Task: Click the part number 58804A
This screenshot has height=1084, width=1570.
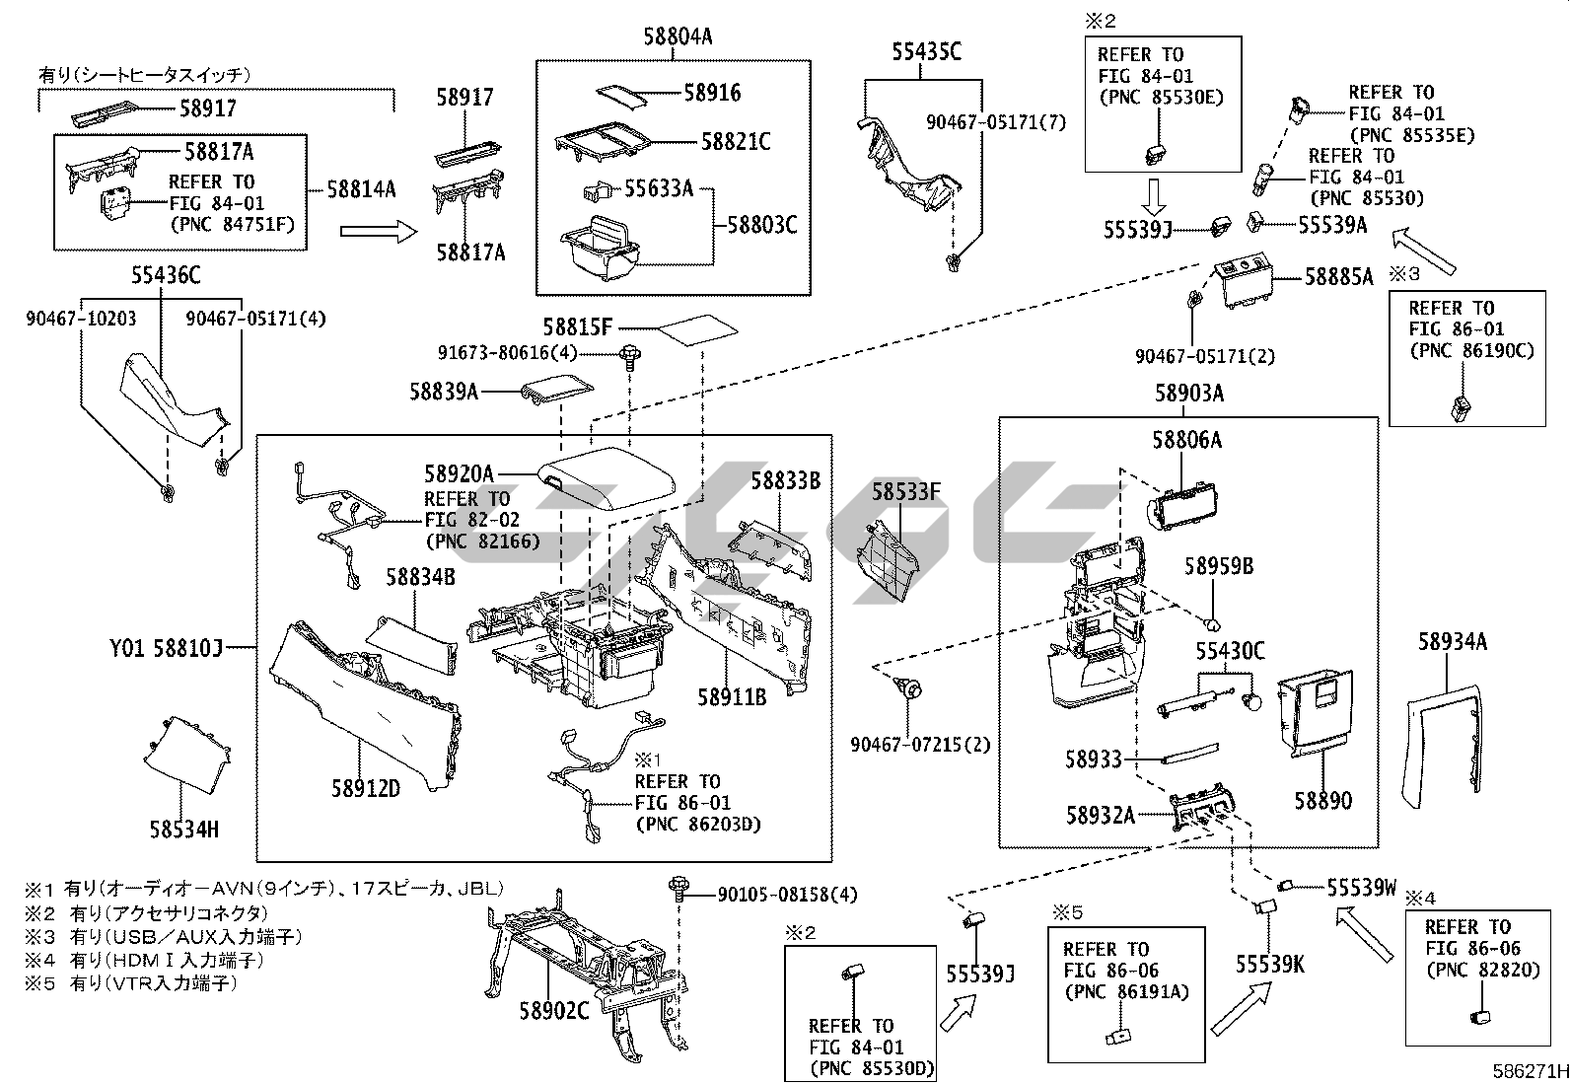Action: tap(678, 36)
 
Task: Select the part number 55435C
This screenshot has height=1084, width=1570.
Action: tap(926, 52)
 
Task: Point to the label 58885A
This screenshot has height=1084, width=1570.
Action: tap(1338, 277)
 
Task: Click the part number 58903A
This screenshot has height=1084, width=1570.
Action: tap(1189, 394)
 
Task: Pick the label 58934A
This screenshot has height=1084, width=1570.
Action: tap(1453, 642)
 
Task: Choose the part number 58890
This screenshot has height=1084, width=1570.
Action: tap(1323, 800)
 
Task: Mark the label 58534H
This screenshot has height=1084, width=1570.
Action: tap(184, 829)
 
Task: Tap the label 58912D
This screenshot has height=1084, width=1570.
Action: tap(365, 788)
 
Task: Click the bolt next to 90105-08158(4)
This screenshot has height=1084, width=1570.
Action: tap(678, 886)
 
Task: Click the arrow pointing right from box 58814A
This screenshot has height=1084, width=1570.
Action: tap(379, 231)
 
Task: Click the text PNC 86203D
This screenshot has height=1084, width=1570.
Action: tap(698, 825)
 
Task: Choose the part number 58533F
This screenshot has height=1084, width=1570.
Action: tap(906, 490)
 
